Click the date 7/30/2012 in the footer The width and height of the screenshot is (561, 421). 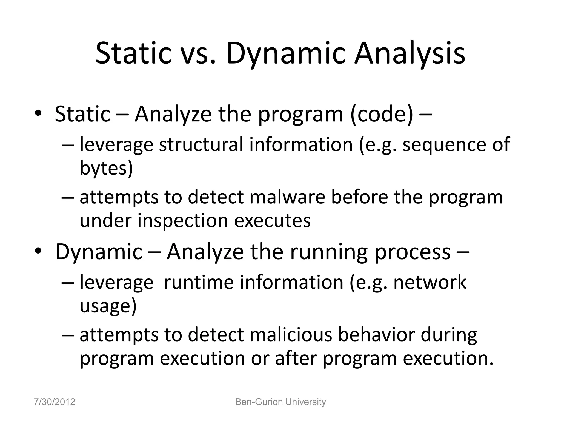pos(55,402)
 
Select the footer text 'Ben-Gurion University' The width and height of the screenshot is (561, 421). pos(280,402)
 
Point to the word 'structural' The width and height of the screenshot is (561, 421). pos(201,144)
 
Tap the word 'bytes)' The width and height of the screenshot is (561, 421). pos(106,167)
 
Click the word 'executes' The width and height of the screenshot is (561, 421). pos(272,220)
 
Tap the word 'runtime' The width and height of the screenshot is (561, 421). pos(199,282)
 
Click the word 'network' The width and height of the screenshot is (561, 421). pos(430,282)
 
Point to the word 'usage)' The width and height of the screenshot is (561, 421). pos(108,306)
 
